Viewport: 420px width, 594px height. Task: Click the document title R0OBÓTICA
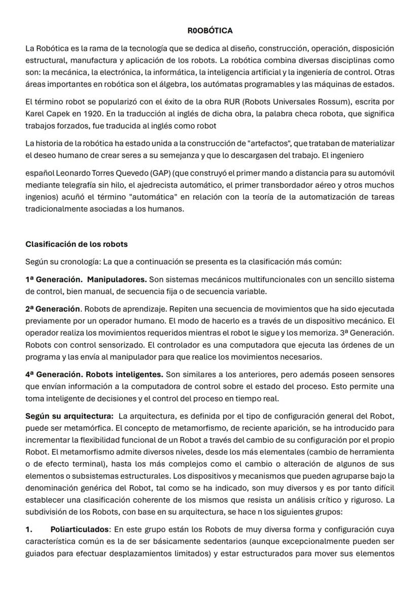[210, 31]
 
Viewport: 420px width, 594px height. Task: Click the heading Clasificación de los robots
[77, 244]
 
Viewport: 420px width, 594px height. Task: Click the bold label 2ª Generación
[53, 309]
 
